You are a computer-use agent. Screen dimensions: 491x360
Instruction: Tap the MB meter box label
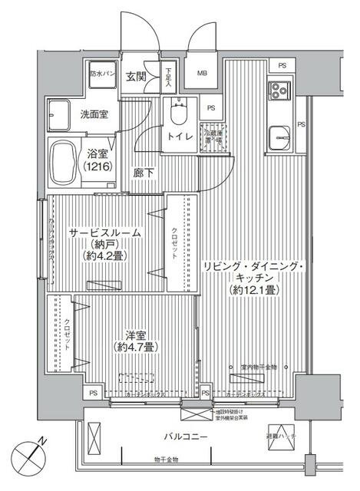pos(203,74)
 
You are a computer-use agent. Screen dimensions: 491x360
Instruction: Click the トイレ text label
pos(179,138)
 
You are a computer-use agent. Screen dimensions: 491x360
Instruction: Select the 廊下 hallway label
pos(144,173)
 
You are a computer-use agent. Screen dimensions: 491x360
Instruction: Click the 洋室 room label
pos(135,334)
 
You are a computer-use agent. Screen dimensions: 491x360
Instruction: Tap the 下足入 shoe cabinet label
pos(169,77)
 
